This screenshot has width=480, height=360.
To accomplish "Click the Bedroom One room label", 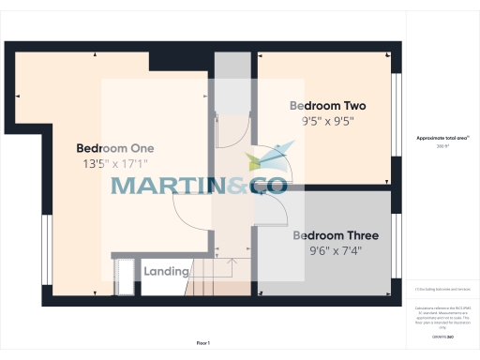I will (114, 148).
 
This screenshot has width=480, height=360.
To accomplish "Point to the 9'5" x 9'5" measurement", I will (327, 121).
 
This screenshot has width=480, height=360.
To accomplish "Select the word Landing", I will (166, 272).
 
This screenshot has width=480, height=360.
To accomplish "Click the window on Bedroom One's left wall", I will (45, 248).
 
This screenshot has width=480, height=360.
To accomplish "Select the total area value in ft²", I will (442, 147).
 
